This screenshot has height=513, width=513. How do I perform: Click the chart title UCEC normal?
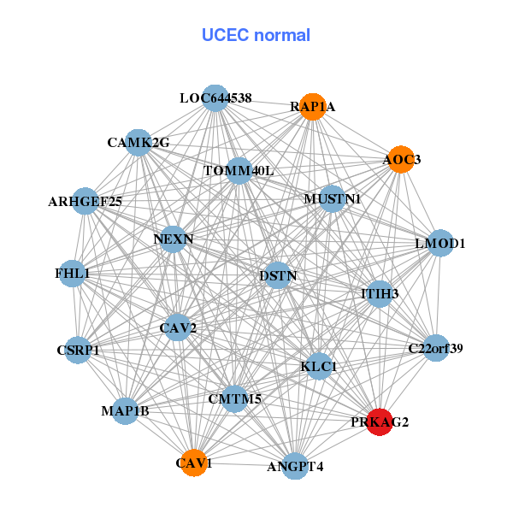point(256,35)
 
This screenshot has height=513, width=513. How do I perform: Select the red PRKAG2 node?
point(380,422)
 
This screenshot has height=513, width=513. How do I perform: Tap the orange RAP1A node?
point(313,107)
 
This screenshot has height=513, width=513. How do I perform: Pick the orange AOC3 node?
point(401,159)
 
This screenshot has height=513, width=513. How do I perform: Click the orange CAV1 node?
point(195,463)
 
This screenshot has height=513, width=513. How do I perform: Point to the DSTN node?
point(277,275)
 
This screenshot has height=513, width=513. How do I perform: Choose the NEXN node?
point(174,239)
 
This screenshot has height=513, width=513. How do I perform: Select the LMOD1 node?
point(439,244)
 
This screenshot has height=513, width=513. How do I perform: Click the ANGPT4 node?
point(295,466)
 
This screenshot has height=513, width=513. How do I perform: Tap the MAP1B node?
point(126,411)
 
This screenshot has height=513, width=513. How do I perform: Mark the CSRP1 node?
point(79,350)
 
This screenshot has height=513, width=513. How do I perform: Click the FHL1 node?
point(73,274)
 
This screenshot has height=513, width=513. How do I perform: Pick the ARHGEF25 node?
point(85,202)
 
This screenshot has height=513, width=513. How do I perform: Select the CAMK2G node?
point(139,142)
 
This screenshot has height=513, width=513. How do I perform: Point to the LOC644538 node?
point(215,98)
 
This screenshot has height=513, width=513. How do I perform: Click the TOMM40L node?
point(239,171)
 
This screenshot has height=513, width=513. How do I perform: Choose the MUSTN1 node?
point(332,199)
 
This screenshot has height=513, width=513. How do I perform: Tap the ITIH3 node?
point(380,293)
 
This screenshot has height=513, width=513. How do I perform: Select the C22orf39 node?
point(436,348)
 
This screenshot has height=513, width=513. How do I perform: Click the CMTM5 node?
point(235,398)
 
